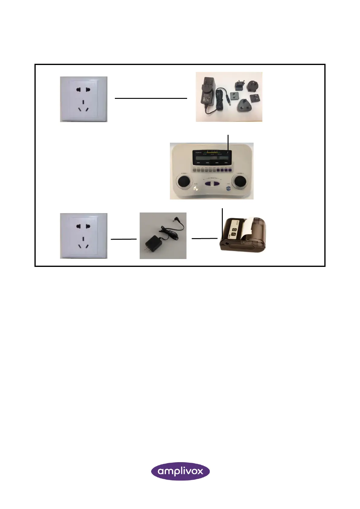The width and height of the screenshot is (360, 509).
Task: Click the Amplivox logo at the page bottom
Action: click(x=180, y=471)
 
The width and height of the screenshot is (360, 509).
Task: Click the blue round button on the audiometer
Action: click(x=229, y=188)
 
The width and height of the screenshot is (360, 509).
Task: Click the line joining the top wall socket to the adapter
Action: click(x=151, y=98)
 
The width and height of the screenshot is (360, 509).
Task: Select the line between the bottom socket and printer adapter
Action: click(x=124, y=239)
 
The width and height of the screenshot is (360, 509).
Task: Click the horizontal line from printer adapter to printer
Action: click(x=204, y=238)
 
